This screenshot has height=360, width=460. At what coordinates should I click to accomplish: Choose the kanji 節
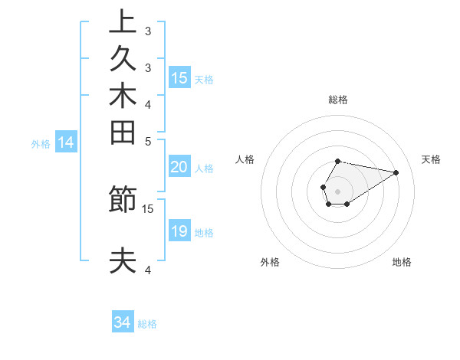click(123, 201)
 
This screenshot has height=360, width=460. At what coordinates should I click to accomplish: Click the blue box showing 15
click(179, 77)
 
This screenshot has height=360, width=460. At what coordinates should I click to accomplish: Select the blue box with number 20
click(179, 168)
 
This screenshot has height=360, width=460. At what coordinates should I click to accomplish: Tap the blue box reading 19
click(179, 231)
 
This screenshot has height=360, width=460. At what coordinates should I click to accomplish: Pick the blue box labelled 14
click(66, 142)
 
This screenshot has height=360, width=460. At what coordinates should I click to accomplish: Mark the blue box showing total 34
click(123, 322)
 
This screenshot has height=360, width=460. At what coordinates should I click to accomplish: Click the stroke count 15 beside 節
click(148, 208)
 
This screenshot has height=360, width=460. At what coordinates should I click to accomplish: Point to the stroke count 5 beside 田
click(148, 140)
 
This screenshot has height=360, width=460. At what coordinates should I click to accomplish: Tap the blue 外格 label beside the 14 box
click(41, 143)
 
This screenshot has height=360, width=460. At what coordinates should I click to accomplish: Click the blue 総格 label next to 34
click(147, 324)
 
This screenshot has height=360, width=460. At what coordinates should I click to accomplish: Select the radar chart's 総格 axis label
click(338, 100)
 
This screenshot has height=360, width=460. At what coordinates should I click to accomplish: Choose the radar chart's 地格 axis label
click(402, 262)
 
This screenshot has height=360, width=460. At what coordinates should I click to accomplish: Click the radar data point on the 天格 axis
click(396, 172)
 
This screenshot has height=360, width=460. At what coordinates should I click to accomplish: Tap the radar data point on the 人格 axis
click(324, 187)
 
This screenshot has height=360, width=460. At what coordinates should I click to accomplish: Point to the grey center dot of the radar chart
click(338, 191)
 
